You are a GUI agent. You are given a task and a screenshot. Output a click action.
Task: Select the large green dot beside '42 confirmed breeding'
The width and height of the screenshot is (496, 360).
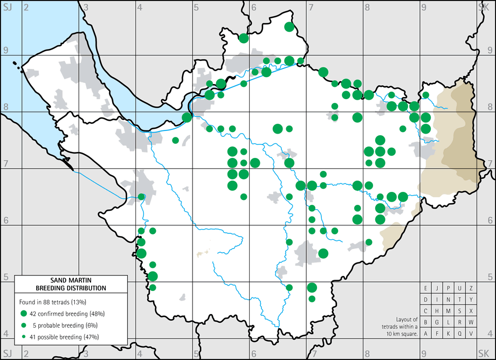(24, 314)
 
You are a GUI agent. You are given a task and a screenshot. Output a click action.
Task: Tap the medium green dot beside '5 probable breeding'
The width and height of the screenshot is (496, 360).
(24, 325)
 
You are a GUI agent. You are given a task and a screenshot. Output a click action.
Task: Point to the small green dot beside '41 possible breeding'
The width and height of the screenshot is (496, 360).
(24, 337)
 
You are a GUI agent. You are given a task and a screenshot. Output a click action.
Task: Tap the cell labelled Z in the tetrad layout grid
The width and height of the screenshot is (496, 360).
(471, 288)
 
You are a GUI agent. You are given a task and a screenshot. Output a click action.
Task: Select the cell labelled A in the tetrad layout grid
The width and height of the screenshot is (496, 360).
(425, 334)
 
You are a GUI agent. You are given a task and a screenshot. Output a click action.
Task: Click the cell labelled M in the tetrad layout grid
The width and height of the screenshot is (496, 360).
(448, 311)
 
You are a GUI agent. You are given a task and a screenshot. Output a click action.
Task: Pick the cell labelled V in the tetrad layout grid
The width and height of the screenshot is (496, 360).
(471, 334)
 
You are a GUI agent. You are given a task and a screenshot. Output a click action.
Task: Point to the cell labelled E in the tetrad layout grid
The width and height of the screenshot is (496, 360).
(425, 288)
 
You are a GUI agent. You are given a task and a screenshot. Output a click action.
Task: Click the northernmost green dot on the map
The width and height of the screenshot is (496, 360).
(289, 27)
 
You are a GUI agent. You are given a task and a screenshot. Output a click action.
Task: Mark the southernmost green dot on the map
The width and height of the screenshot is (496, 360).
(312, 299)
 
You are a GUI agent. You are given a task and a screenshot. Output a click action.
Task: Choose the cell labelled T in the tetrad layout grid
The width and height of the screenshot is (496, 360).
(459, 300)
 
